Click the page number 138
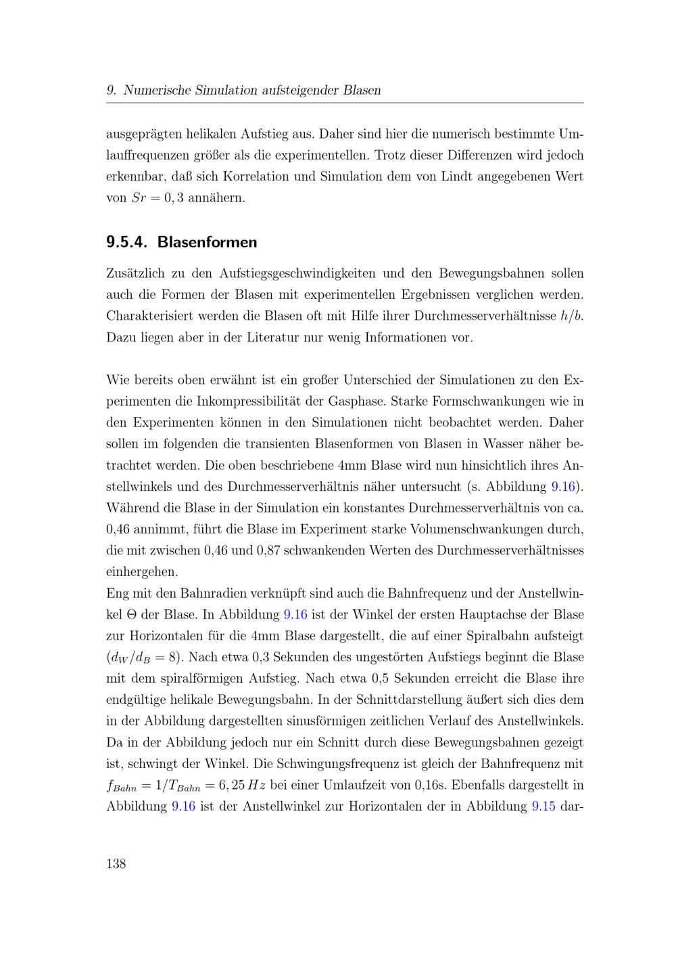116,863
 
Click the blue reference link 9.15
544,807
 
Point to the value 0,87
268,550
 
